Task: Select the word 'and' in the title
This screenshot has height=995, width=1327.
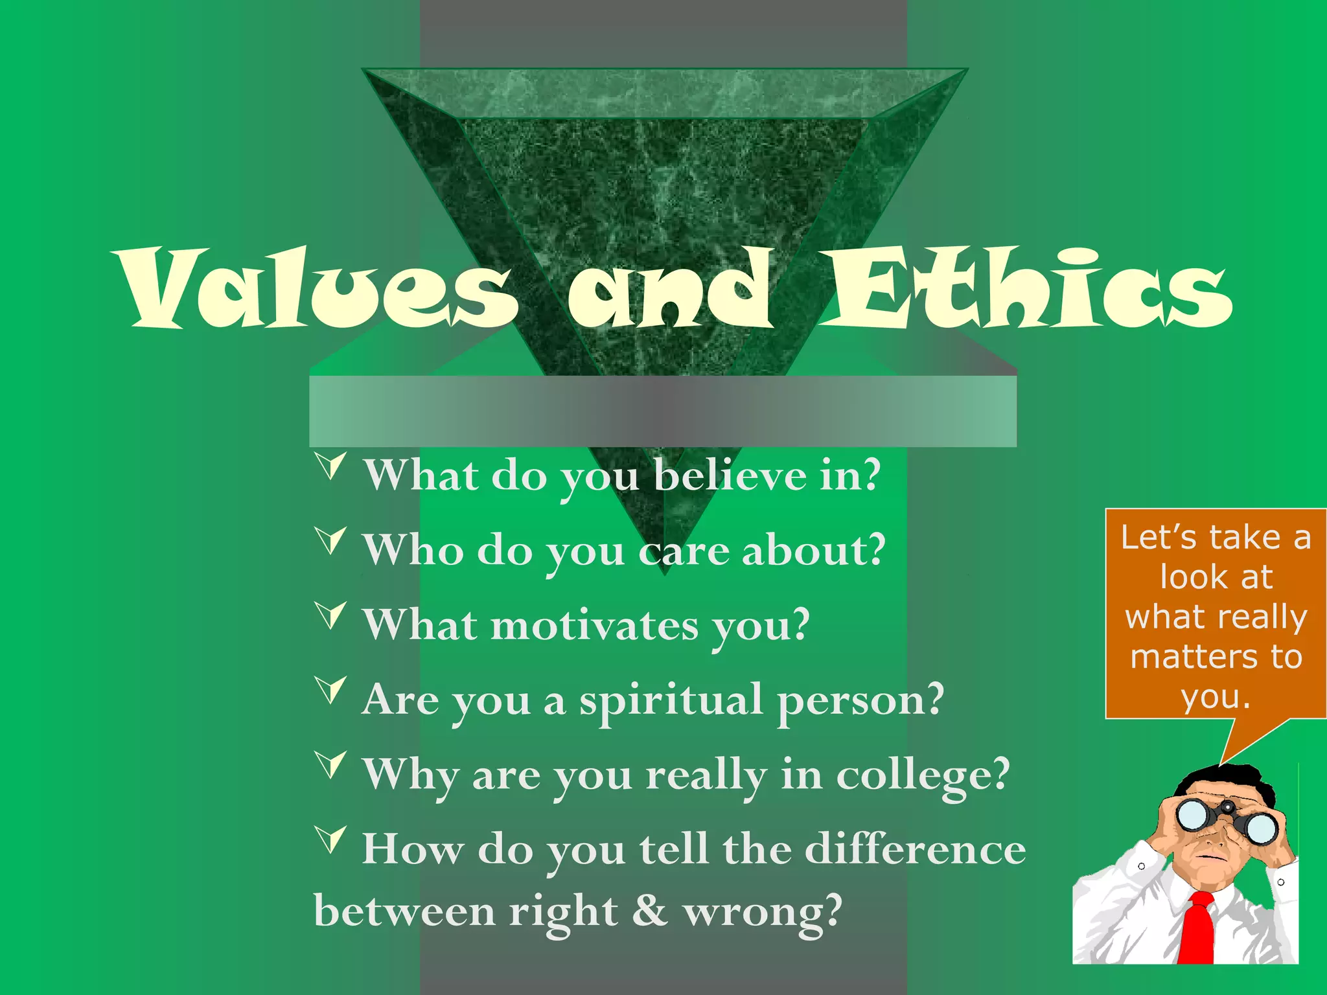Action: coord(671,288)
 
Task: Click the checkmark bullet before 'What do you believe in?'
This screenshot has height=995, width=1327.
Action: coord(331,466)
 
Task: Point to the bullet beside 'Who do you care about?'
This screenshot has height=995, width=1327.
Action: coord(331,540)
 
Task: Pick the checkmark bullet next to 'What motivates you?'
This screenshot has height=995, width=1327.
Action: coord(331,615)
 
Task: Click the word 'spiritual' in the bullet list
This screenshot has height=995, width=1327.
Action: coord(671,701)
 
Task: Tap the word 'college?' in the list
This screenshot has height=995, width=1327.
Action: coord(923,775)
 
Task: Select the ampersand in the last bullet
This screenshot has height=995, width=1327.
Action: coord(649,910)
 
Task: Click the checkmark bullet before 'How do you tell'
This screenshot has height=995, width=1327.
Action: coord(331,840)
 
